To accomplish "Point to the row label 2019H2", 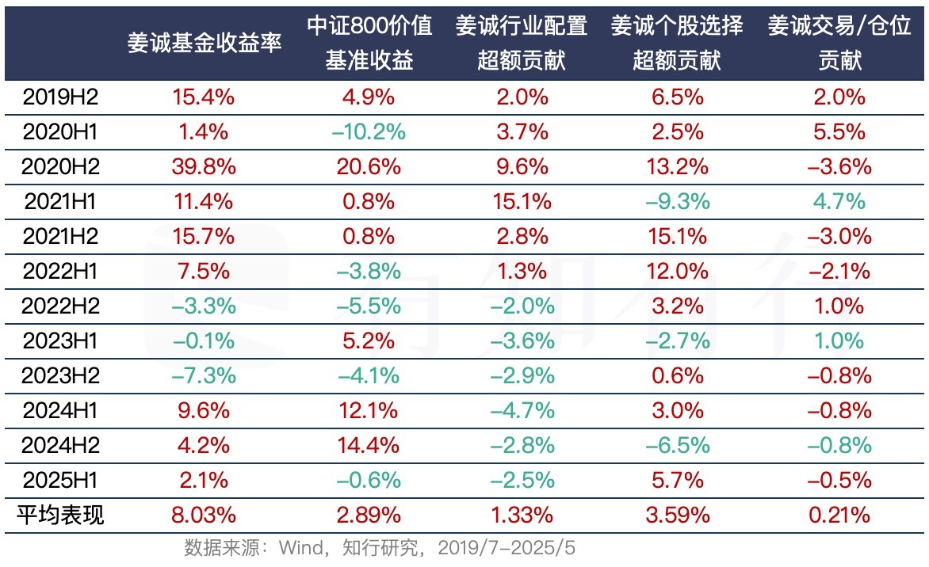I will pos(59,97).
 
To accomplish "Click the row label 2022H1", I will pos(59,272).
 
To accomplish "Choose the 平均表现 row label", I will pos(59,516).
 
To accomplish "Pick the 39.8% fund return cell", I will pos(204,167).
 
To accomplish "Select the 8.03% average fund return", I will pos(204,516).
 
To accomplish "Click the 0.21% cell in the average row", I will pos(840,516).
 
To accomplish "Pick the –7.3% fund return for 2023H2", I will pos(204,376).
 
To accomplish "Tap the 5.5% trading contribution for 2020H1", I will pos(840,132).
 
